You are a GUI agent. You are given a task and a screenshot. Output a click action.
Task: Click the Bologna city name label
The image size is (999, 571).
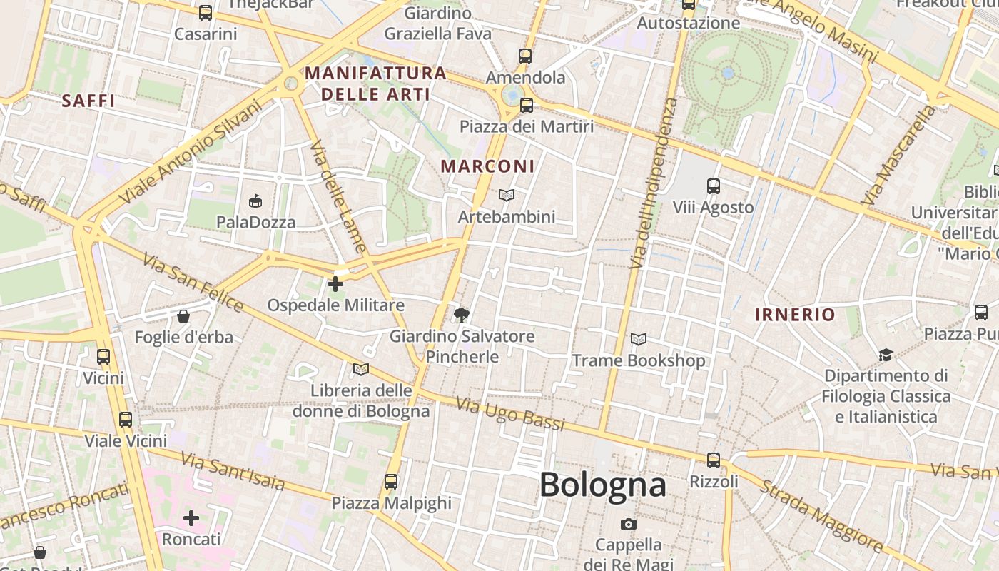tap(603, 485)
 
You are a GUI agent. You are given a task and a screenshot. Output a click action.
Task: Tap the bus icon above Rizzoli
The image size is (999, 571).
tap(714, 460)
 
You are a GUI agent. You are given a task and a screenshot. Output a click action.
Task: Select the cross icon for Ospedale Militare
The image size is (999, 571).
tap(335, 284)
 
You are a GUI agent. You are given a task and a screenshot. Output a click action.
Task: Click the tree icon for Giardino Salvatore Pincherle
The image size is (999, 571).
tap(462, 314)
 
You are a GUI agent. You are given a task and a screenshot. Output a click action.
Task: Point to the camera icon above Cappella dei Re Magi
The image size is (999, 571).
tap(628, 524)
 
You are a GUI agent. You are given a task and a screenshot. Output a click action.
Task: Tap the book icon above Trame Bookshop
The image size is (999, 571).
tap(639, 339)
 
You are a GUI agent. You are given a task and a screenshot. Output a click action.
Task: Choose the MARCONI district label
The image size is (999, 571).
tap(487, 166)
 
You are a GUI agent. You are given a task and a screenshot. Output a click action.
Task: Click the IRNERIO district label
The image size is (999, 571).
tap(795, 315)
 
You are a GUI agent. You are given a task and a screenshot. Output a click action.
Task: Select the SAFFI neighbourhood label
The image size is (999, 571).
tap(88, 101)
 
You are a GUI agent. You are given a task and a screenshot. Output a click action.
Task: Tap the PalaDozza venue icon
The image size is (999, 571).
tap(255, 201)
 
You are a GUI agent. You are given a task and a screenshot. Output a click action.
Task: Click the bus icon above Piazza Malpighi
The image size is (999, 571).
tap(391, 481)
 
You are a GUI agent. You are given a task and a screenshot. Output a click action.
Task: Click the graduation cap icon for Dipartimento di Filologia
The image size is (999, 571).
tap(886, 355)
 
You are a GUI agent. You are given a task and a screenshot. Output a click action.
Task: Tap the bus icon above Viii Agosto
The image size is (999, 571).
tap(713, 186)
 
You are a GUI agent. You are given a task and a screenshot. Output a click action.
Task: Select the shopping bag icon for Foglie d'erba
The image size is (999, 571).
tap(183, 316)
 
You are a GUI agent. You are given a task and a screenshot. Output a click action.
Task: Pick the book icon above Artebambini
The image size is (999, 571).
tap(507, 195)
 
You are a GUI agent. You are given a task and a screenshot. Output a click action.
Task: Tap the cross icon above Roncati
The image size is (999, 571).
tap(191, 517)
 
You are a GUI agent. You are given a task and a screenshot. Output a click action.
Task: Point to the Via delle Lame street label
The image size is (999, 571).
tap(338, 197)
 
